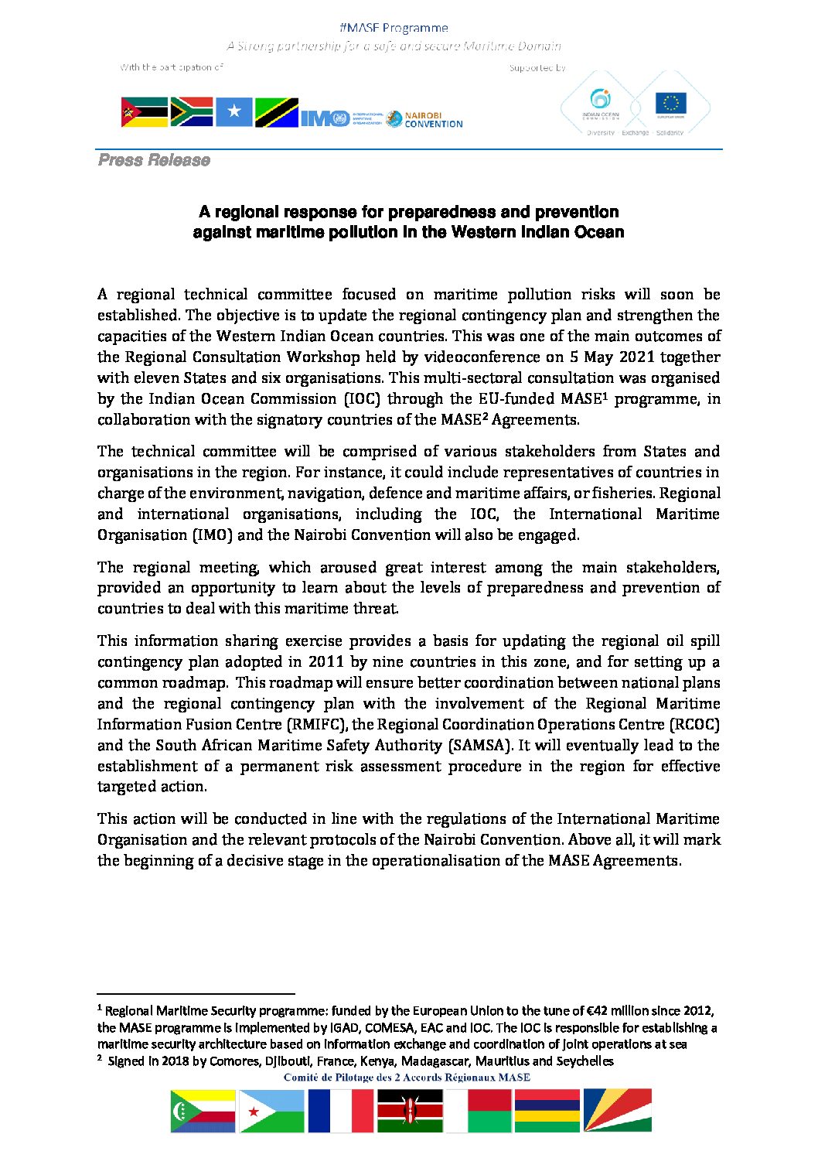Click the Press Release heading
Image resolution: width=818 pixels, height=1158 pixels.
[x=154, y=160]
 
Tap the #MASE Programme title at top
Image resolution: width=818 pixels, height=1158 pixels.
[x=394, y=28]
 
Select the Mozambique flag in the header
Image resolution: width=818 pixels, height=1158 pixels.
[x=144, y=113]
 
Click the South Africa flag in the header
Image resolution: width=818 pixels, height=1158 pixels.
[x=191, y=112]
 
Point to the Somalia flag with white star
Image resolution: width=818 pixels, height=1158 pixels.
[x=234, y=113]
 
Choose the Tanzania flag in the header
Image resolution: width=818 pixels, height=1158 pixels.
[x=276, y=113]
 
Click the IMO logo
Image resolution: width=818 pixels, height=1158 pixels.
[x=325, y=118]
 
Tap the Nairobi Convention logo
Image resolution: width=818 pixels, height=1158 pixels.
[x=424, y=119]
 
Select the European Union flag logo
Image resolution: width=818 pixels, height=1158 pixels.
[x=670, y=103]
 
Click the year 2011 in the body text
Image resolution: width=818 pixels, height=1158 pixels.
[x=326, y=662]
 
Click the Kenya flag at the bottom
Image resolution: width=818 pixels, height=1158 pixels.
[x=410, y=1112]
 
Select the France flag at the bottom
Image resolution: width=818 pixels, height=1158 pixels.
[x=340, y=1112]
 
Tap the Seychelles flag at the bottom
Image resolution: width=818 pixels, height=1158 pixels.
[x=617, y=1112]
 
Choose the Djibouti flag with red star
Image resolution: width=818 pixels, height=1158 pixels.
[x=271, y=1112]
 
